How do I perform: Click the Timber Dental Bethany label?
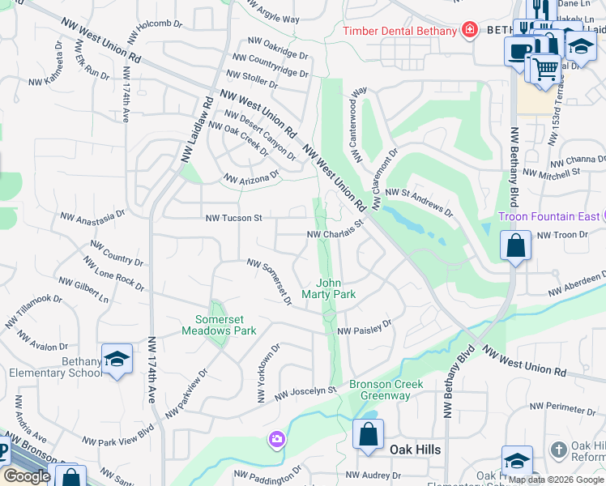click(400, 31)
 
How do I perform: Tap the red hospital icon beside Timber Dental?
click(468, 31)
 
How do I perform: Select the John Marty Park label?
click(335, 289)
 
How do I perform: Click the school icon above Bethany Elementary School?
click(117, 358)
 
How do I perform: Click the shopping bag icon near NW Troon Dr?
click(515, 245)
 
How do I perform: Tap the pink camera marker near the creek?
click(277, 440)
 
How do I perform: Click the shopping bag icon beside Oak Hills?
click(368, 434)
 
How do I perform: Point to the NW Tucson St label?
click(233, 218)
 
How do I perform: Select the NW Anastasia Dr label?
click(93, 216)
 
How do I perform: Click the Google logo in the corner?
click(28, 476)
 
